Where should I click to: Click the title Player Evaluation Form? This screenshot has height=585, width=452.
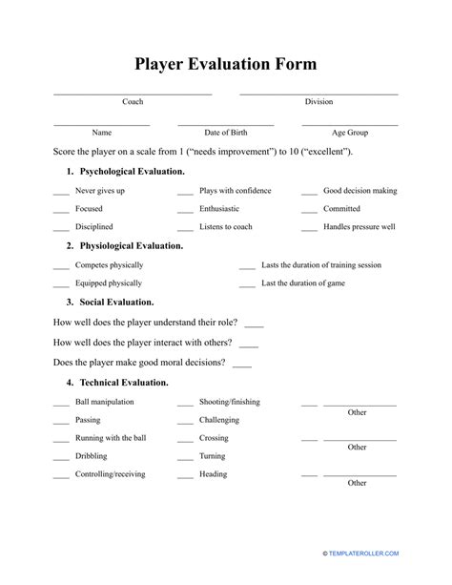click(225, 64)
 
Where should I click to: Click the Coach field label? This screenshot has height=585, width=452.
click(133, 101)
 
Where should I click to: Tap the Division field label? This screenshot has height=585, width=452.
click(318, 101)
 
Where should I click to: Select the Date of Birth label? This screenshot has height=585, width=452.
click(225, 133)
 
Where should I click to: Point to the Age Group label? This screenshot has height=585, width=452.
click(349, 133)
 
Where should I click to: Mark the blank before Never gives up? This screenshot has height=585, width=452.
click(60, 192)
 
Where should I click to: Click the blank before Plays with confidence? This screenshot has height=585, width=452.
click(185, 192)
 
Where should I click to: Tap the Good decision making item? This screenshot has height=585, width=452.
click(360, 191)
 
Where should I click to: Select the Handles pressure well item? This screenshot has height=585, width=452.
click(359, 227)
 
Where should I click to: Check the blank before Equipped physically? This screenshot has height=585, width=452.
click(60, 284)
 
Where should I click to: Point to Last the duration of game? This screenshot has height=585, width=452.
click(303, 283)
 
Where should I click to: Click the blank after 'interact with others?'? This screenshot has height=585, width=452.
click(249, 344)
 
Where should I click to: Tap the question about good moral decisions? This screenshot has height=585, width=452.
click(139, 363)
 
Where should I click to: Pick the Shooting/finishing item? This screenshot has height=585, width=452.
click(229, 402)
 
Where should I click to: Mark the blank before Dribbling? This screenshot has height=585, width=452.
click(60, 457)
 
